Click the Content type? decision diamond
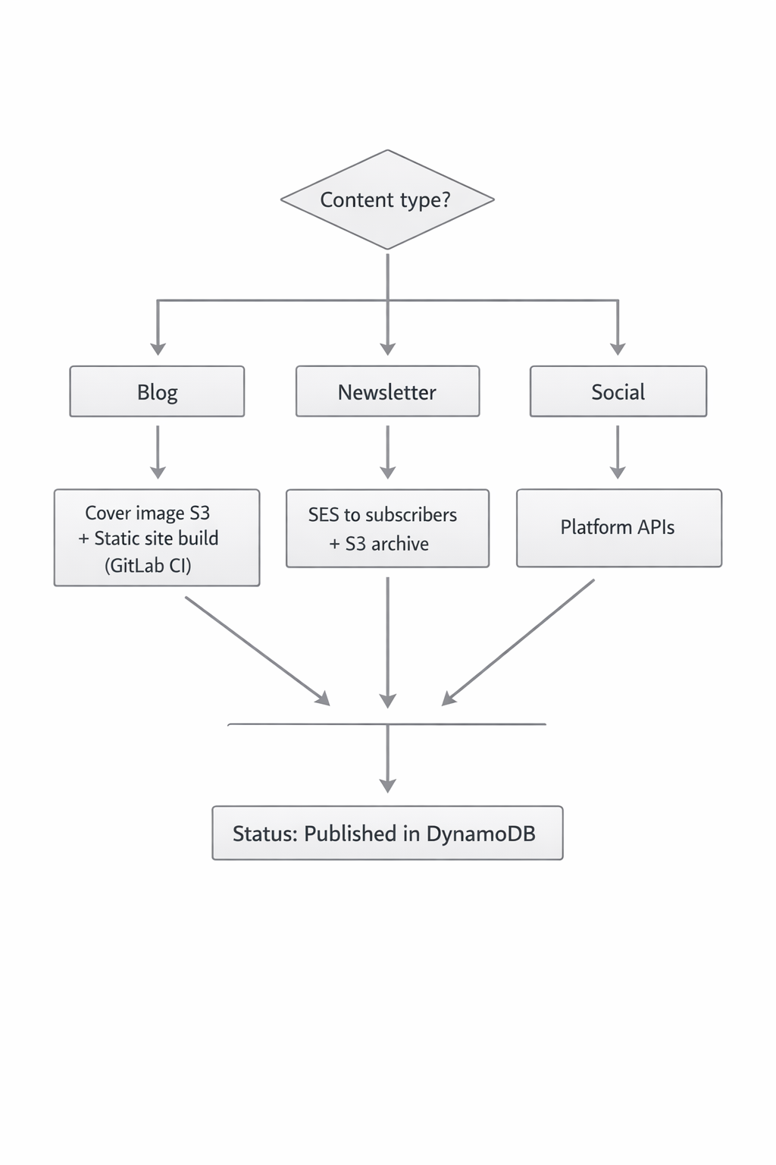coord(387,199)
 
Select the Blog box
coord(157,391)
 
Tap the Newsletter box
coord(387,391)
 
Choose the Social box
coord(618,391)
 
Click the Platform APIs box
coord(618,527)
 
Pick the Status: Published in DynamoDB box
coord(387,833)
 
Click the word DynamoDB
coord(480,834)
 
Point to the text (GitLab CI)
coord(148,565)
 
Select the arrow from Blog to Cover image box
coord(158,451)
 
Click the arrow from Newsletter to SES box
coord(387,451)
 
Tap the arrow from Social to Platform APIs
coord(618,451)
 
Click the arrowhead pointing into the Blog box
coord(158,348)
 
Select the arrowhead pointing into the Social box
coord(618,348)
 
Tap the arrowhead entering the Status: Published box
coord(387,786)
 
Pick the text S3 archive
coord(386,544)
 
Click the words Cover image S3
coord(147,513)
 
